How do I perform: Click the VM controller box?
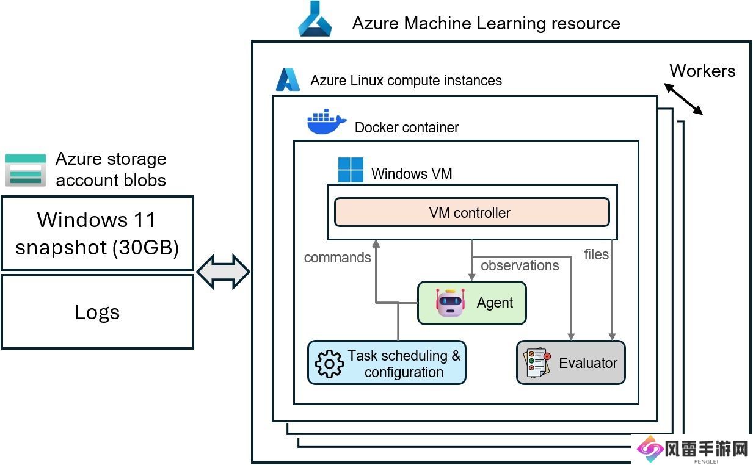(x=471, y=212)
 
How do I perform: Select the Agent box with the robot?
(x=471, y=303)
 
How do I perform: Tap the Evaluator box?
(x=570, y=362)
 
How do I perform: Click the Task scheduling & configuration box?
(x=387, y=362)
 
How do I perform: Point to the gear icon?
(x=329, y=364)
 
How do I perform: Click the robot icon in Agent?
(x=451, y=303)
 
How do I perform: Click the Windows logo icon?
(x=351, y=170)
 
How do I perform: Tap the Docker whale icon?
(x=327, y=122)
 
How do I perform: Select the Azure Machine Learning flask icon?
(x=315, y=20)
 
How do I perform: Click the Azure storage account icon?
(x=26, y=170)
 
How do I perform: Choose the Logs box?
(x=97, y=312)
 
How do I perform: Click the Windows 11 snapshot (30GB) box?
(x=97, y=233)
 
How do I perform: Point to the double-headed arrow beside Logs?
(x=223, y=272)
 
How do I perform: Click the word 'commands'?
(x=337, y=258)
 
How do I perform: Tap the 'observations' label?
(x=520, y=265)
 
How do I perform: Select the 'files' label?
(x=596, y=254)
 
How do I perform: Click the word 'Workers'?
(x=702, y=71)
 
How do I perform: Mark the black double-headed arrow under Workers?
(x=684, y=99)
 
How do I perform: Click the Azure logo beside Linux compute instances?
(x=288, y=80)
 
